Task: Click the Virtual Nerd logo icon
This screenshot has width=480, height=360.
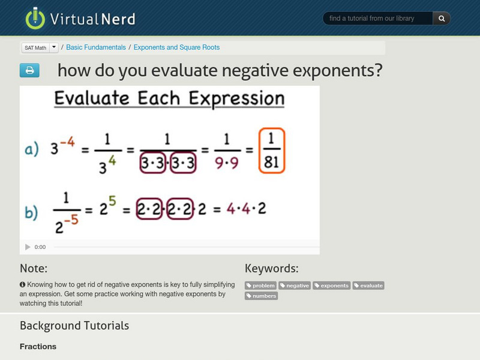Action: click(35, 19)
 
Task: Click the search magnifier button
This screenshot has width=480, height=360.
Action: click(442, 19)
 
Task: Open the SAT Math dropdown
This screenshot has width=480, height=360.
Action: click(53, 47)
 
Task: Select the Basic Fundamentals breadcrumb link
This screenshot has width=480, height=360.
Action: click(96, 47)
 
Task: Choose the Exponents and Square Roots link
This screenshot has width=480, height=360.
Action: click(176, 47)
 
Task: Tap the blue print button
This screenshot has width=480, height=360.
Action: click(29, 71)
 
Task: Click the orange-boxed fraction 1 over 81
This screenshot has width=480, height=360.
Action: click(272, 151)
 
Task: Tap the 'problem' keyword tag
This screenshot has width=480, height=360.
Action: click(261, 286)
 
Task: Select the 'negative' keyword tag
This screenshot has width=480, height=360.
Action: click(295, 286)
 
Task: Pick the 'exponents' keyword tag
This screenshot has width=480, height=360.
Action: click(331, 286)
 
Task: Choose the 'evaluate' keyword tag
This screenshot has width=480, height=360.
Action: click(368, 286)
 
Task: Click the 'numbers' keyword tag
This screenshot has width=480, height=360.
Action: click(261, 296)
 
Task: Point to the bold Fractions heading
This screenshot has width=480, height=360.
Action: click(38, 346)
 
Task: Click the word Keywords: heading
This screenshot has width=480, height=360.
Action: click(271, 268)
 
